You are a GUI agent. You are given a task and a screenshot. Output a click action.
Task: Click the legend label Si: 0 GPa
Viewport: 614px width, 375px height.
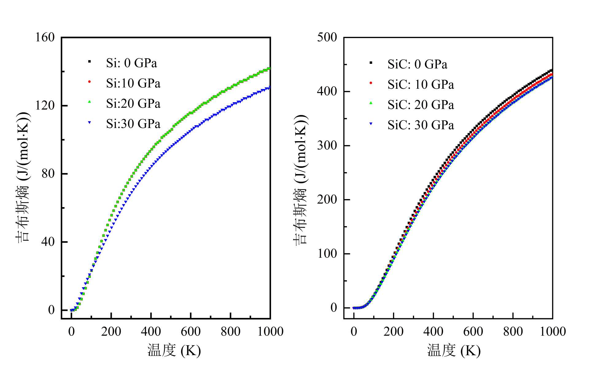click(131, 63)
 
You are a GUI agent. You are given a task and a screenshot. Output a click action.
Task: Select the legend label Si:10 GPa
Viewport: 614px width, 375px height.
click(133, 83)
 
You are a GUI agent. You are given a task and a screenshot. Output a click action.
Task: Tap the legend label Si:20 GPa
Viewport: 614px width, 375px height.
click(133, 104)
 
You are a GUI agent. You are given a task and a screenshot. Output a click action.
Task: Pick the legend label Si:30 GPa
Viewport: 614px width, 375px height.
click(133, 124)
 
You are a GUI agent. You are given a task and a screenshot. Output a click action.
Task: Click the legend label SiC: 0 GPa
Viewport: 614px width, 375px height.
click(417, 64)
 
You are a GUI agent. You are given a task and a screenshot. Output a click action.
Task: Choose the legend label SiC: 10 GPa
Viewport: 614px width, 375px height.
click(421, 85)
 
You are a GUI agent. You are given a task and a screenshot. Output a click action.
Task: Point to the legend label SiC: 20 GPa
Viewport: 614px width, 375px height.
click(421, 105)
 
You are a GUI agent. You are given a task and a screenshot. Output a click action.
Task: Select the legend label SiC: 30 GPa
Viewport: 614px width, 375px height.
click(421, 125)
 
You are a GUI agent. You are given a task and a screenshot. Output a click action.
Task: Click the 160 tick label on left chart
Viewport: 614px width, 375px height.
click(45, 37)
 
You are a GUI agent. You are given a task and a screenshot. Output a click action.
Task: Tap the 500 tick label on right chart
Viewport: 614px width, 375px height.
click(327, 37)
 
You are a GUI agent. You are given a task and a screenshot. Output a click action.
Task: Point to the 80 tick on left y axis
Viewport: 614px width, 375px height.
click(48, 174)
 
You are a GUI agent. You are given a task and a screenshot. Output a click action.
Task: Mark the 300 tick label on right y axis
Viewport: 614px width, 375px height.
click(327, 145)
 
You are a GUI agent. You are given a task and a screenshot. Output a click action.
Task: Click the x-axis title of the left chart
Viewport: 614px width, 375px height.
click(174, 350)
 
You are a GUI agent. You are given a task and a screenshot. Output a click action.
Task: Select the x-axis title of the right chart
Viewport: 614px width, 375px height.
click(454, 350)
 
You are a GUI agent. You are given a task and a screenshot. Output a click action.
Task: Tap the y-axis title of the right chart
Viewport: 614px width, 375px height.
click(301, 180)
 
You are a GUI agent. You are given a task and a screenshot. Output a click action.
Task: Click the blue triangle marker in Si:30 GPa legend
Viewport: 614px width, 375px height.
click(90, 123)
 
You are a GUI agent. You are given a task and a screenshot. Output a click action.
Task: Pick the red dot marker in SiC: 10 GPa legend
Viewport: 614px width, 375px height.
click(371, 83)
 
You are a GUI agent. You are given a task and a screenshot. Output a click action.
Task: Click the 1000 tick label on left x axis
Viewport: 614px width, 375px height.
click(270, 332)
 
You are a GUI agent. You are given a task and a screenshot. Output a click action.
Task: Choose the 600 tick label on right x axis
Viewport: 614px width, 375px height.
click(473, 332)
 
